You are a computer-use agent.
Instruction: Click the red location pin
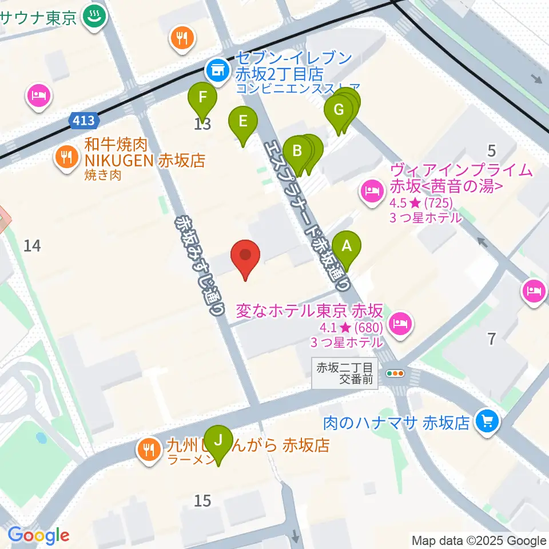[x=245, y=256]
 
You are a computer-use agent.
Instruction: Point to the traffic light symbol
[x=395, y=374]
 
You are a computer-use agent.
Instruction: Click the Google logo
[x=38, y=535]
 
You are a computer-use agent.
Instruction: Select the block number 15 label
[x=202, y=501]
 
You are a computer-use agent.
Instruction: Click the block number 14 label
[x=33, y=246]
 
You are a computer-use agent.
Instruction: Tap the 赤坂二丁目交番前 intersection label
[x=345, y=373]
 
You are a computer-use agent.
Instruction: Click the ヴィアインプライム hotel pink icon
[x=372, y=190]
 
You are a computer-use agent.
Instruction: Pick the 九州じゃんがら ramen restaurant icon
[x=149, y=449]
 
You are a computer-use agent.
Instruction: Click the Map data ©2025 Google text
[x=479, y=540]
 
